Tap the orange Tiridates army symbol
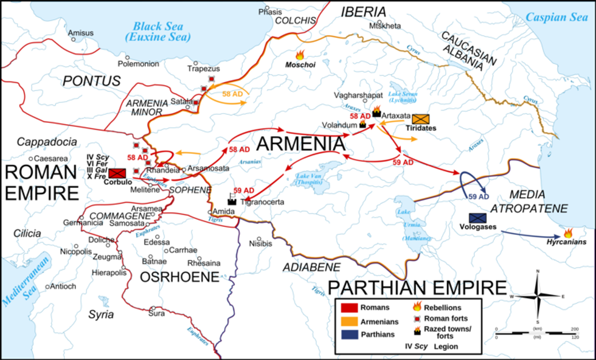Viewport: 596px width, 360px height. [420, 119]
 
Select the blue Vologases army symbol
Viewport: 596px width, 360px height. [477, 218]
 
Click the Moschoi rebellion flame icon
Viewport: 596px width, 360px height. [299, 55]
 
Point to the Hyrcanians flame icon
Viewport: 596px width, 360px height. [568, 233]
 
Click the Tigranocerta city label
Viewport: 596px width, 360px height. [262, 202]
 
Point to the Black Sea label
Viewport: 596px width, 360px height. [159, 32]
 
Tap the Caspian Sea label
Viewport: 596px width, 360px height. [556, 17]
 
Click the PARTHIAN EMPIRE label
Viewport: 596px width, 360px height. [417, 286]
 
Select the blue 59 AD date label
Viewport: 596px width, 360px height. [479, 196]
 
